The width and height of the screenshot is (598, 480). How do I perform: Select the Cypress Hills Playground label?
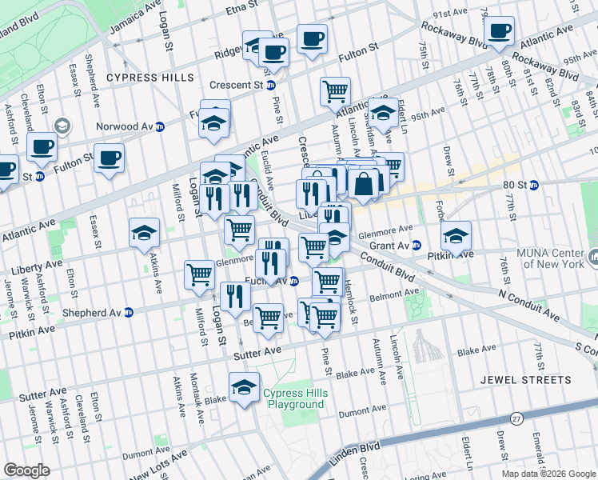(295, 398)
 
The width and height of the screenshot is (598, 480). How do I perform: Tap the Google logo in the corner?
(27, 470)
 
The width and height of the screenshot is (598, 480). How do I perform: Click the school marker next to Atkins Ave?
(144, 233)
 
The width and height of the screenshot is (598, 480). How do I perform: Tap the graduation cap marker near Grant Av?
(456, 235)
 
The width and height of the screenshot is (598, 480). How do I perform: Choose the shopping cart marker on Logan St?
(199, 274)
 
